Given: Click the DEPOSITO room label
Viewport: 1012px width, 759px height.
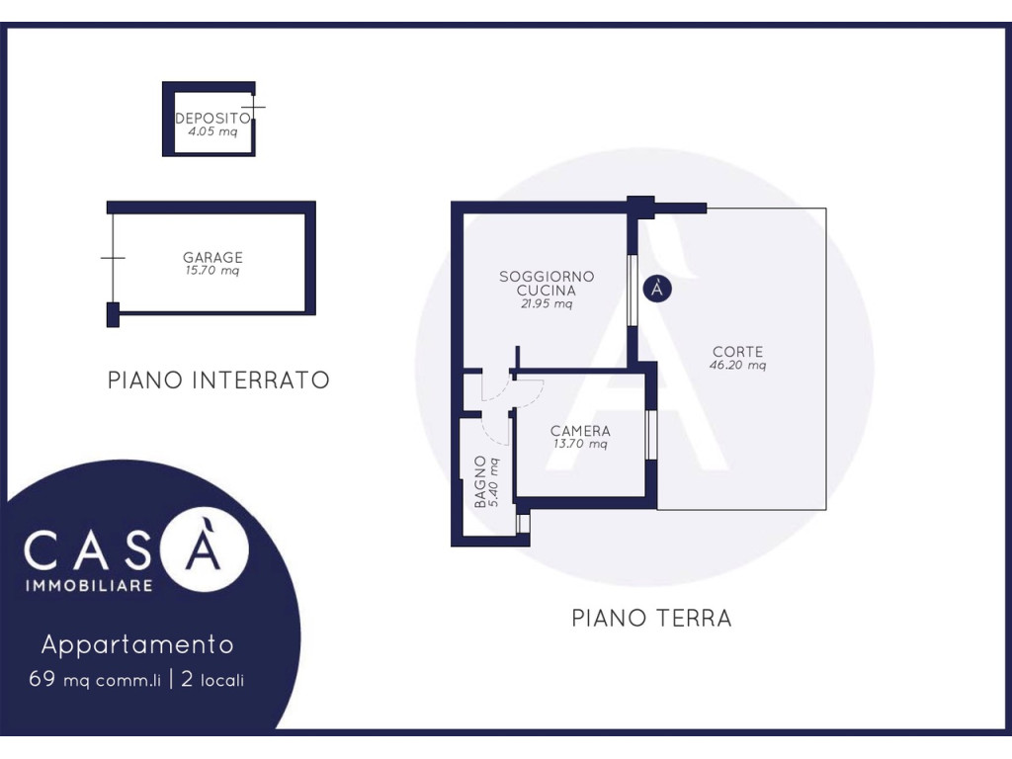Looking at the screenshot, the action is pyautogui.click(x=213, y=119).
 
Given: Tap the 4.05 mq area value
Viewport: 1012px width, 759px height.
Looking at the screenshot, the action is pyautogui.click(x=212, y=131).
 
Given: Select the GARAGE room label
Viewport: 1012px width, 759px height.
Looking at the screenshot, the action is pyautogui.click(x=213, y=257).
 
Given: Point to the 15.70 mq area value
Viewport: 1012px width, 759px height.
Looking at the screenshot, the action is pyautogui.click(x=212, y=271).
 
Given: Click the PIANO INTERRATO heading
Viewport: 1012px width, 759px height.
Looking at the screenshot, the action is pyautogui.click(x=218, y=379).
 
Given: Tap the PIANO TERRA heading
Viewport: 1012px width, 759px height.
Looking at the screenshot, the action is pyautogui.click(x=652, y=619).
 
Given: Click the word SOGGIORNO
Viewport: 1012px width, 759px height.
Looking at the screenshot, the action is pyautogui.click(x=547, y=277).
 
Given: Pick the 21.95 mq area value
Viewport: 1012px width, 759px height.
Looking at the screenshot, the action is pyautogui.click(x=547, y=304).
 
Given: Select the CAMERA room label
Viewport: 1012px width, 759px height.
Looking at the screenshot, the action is pyautogui.click(x=580, y=431).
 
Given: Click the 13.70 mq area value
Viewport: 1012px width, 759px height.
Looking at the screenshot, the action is pyautogui.click(x=580, y=444).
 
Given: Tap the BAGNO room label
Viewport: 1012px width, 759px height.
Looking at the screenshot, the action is pyautogui.click(x=480, y=482).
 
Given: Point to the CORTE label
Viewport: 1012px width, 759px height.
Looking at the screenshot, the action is pyautogui.click(x=737, y=352).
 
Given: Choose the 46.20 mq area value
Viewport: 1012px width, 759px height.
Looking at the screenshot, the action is pyautogui.click(x=737, y=366).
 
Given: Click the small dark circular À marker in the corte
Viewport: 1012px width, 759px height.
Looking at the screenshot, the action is pyautogui.click(x=657, y=289).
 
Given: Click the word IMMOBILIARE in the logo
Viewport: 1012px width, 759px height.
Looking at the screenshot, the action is pyautogui.click(x=89, y=586).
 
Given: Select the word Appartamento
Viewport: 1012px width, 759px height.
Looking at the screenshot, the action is pyautogui.click(x=137, y=644).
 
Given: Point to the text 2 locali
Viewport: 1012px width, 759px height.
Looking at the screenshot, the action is pyautogui.click(x=213, y=680).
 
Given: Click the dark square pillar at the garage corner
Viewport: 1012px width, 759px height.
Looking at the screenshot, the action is pyautogui.click(x=113, y=315).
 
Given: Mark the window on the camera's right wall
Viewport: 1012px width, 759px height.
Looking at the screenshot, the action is pyautogui.click(x=651, y=435).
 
